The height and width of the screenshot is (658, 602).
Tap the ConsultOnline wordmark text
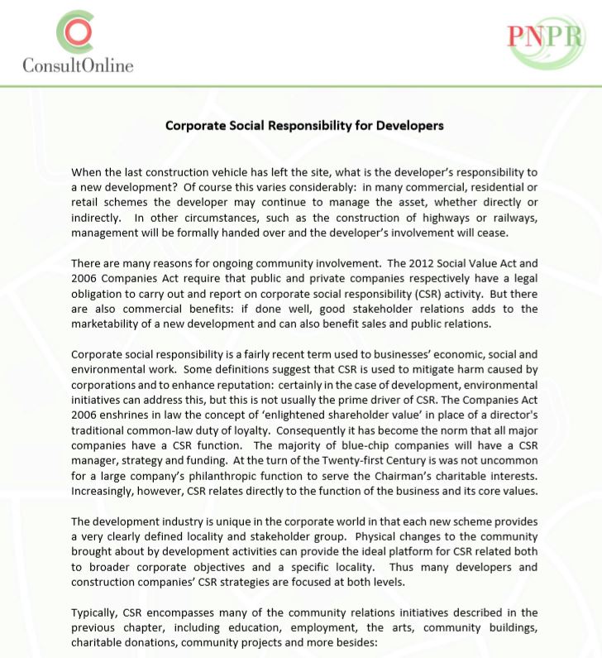pos(79,64)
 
